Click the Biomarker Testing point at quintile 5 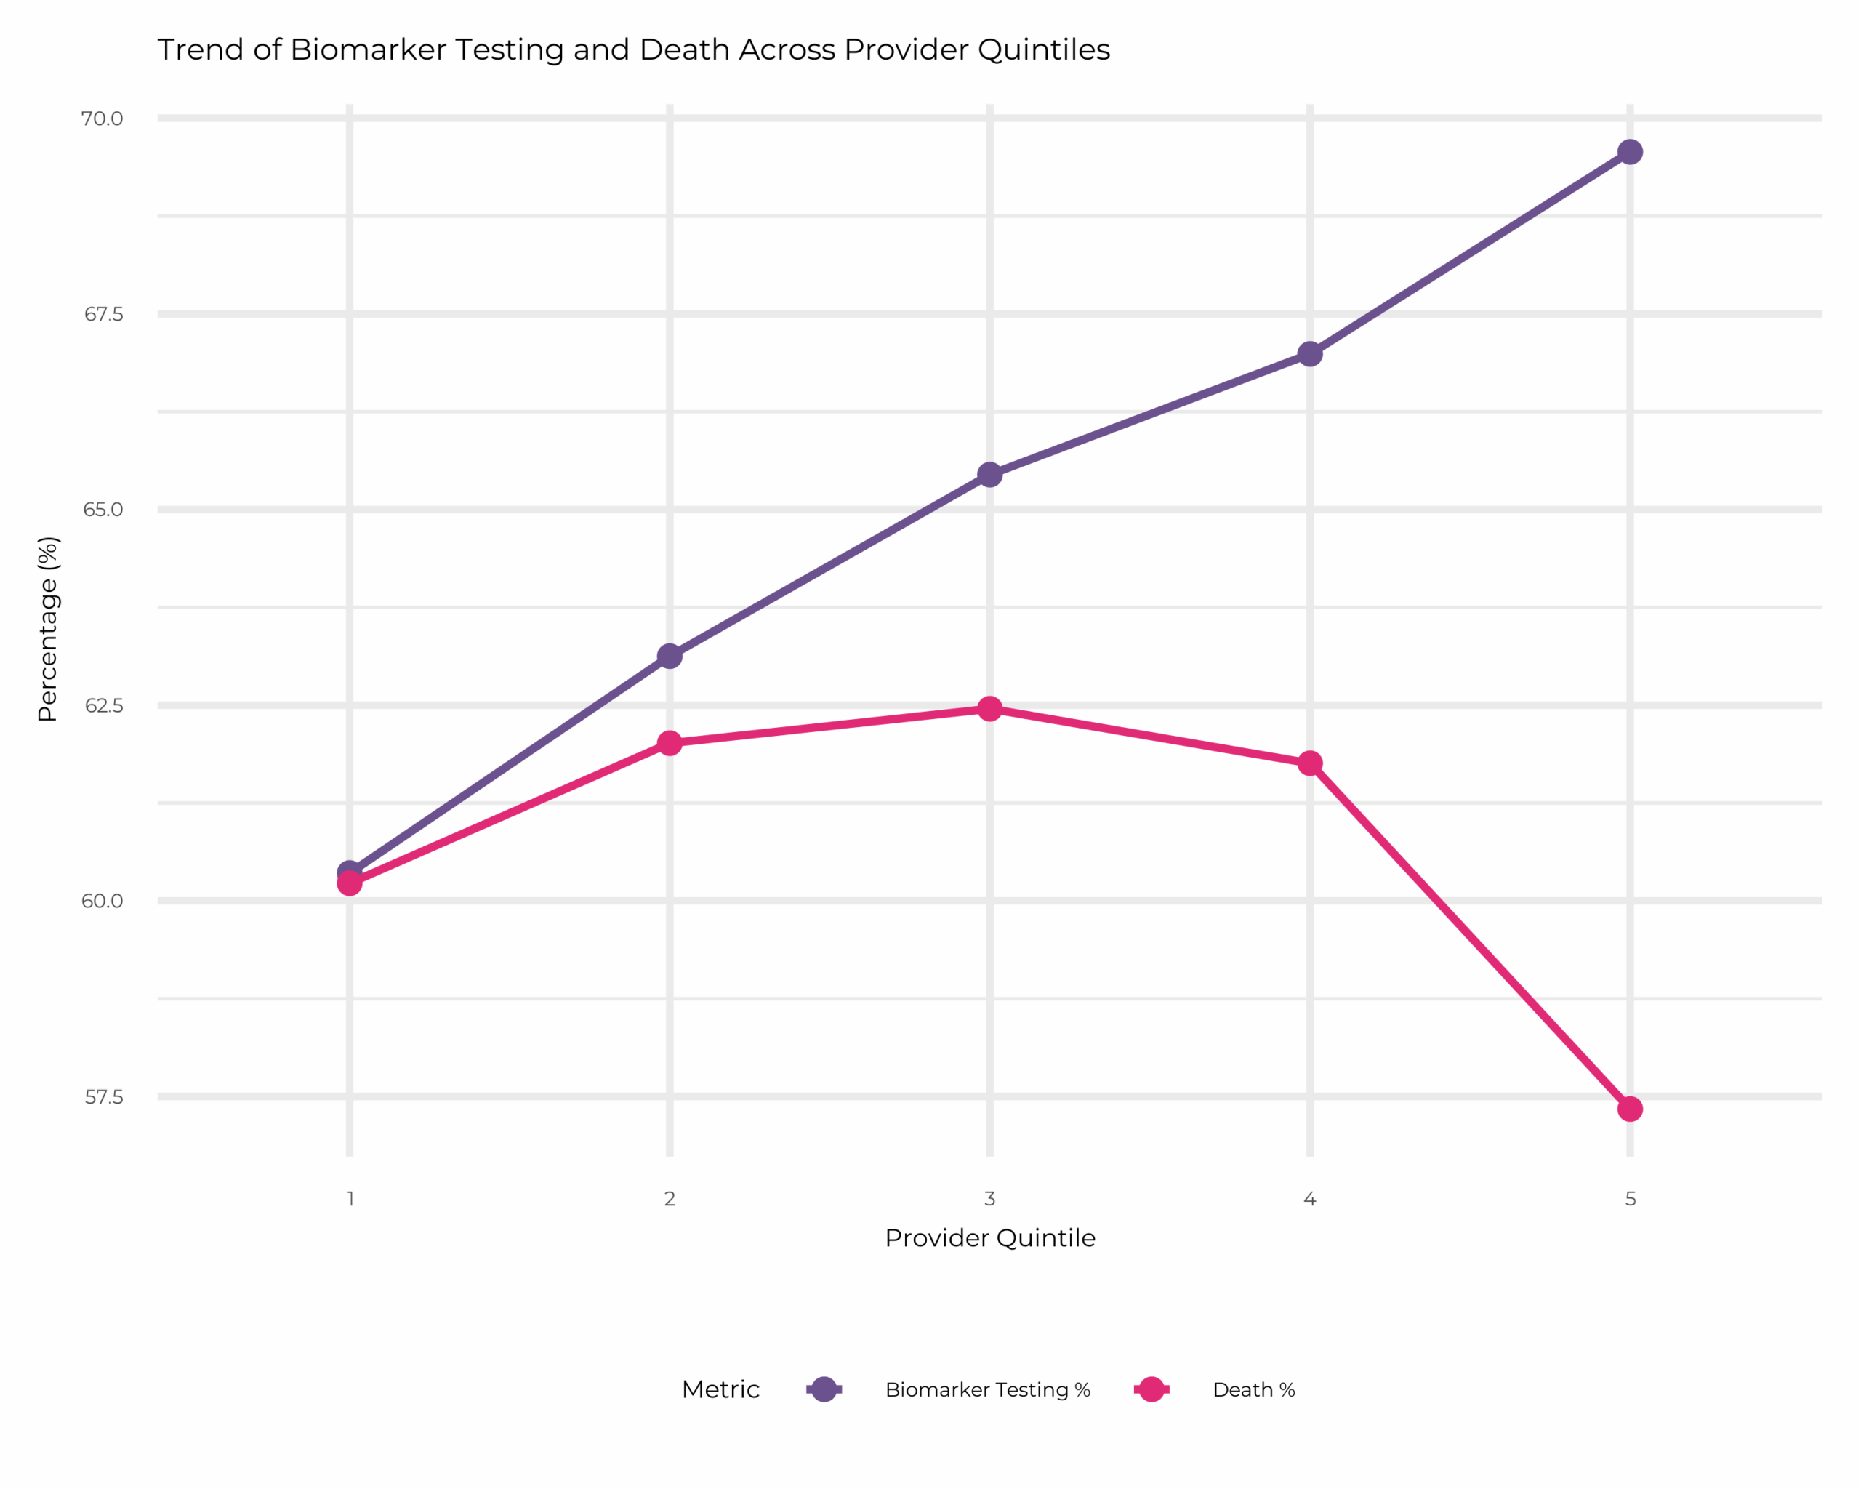[1630, 152]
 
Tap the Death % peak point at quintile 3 [989, 709]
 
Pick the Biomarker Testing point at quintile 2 [669, 656]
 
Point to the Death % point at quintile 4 [1309, 763]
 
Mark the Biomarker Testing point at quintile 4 [1309, 354]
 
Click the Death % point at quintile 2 [669, 743]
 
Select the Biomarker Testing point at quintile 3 [989, 475]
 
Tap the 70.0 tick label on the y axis [102, 119]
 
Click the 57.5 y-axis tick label [103, 1097]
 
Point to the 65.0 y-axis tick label [103, 509]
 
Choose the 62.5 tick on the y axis [103, 705]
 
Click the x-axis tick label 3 [989, 1199]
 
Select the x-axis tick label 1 [350, 1199]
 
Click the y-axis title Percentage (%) [47, 630]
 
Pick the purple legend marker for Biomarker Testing [824, 1389]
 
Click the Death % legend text [1253, 1389]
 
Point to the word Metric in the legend [720, 1389]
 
